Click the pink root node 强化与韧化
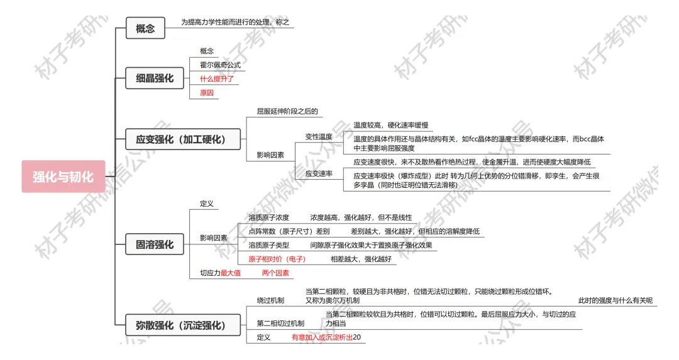pos(63,177)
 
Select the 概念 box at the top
pos(145,28)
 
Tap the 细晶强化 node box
pos(155,79)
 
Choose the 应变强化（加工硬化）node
pos(180,139)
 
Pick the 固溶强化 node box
pos(155,244)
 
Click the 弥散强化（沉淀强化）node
pos(180,325)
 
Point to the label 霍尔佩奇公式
pos(220,65)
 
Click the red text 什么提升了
pos(217,79)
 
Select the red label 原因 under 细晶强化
pos(207,92)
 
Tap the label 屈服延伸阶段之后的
pos(287,111)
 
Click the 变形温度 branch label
pos(319,136)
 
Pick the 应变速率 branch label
pos(319,173)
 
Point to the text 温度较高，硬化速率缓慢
pos(391,125)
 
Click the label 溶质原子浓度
pos(268,217)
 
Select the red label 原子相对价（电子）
pos(277,259)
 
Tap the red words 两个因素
pos(275,273)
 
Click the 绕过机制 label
pos(270,300)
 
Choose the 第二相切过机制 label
pos(280,324)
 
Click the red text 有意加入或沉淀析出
pos(322,337)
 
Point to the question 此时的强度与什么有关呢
pos(615,300)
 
